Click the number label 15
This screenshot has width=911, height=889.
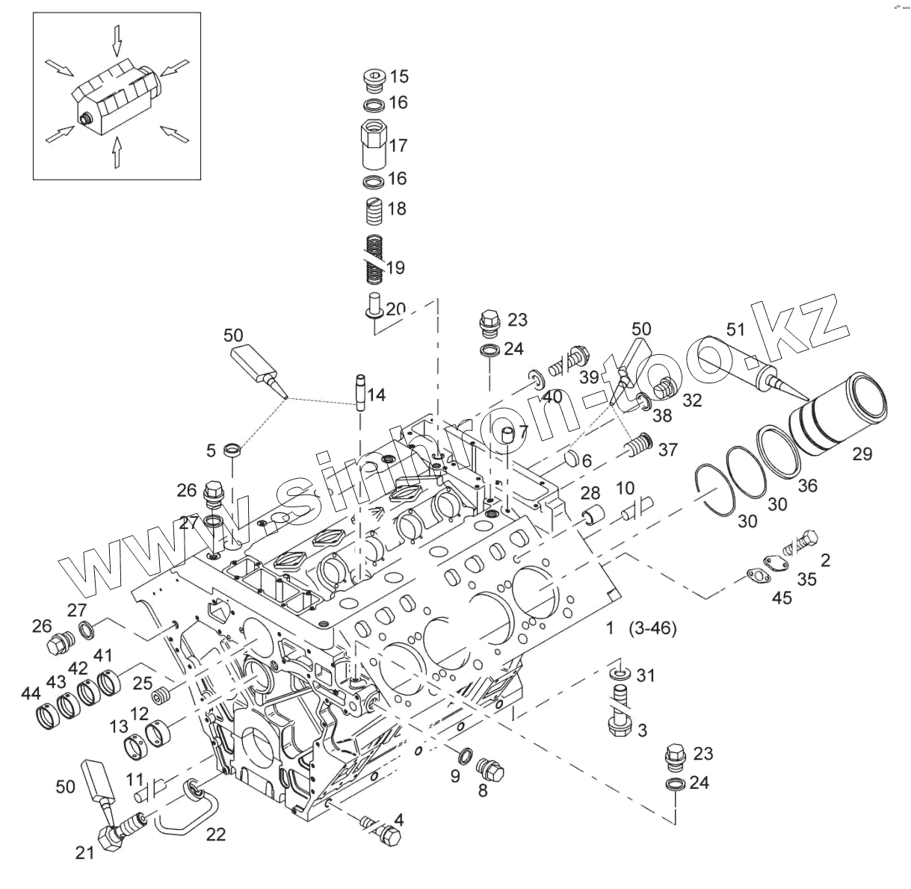tap(399, 75)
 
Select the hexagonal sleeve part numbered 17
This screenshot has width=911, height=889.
tap(373, 144)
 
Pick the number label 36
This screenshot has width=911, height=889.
tap(807, 486)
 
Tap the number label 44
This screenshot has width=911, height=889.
tap(31, 694)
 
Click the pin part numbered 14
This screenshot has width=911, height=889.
tap(359, 391)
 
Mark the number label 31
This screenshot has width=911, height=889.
tap(646, 675)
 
